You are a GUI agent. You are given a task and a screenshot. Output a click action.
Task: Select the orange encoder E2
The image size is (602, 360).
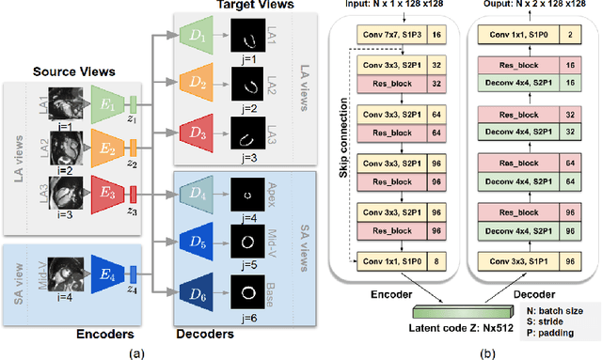[105, 148]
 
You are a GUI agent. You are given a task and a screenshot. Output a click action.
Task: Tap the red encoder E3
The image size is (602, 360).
[105, 195]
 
